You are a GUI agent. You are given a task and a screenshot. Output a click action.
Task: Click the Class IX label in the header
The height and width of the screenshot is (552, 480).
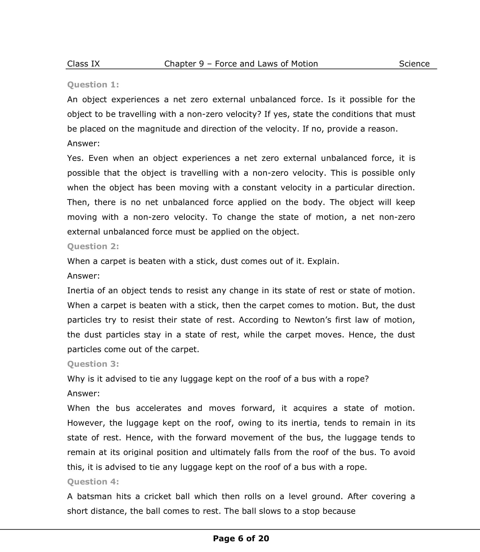point(83,64)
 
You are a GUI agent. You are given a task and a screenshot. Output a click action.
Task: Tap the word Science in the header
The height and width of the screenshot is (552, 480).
point(414,64)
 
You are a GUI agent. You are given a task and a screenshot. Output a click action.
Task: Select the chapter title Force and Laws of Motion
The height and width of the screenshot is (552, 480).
point(266,64)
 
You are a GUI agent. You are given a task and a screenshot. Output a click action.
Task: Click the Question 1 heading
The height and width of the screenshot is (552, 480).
point(93,84)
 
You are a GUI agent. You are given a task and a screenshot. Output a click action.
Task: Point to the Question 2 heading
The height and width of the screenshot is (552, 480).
point(93,246)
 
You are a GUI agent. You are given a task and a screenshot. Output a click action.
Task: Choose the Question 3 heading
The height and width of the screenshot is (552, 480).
point(93,364)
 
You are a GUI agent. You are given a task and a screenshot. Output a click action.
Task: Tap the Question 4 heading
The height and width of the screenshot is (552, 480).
point(93,482)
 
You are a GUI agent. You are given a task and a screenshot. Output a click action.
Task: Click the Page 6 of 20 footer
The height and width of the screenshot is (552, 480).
point(241,538)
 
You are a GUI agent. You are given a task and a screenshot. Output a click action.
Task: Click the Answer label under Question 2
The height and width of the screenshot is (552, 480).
point(84,276)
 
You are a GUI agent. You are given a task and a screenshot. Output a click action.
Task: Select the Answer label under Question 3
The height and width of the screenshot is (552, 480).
point(84,393)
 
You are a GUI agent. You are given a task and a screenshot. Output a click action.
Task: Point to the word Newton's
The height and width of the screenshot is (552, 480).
point(312,320)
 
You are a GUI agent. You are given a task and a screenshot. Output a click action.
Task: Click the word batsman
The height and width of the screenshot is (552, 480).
point(94,496)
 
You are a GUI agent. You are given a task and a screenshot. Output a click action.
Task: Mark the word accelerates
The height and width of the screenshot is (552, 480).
point(159,408)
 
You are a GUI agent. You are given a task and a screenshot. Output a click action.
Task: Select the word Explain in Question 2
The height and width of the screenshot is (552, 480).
point(323,261)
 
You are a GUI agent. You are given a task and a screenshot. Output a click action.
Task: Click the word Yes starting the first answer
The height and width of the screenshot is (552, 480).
point(75,158)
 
